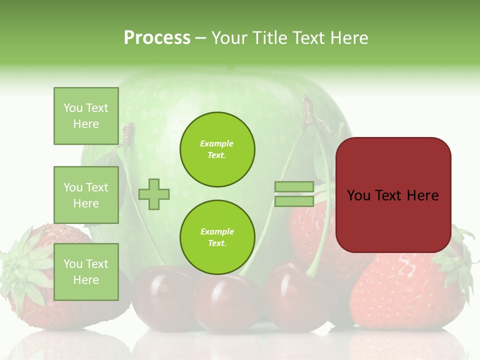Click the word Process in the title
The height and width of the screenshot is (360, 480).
coord(157,38)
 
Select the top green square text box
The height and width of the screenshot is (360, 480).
coord(86,116)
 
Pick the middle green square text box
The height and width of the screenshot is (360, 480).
coord(86,195)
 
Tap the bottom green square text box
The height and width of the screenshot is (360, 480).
coord(86,271)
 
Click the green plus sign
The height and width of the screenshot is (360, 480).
coord(154,194)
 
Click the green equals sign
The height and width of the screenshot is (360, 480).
coord(294,194)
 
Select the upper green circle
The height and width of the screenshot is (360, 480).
coord(217,149)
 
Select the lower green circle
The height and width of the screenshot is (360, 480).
coord(217,237)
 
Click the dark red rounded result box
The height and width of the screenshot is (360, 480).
coord(393,195)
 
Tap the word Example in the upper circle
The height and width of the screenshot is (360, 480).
coord(217,144)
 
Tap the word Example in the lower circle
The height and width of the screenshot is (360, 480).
coord(217,232)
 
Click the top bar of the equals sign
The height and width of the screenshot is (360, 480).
coord(294,187)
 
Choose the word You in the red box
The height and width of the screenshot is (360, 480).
coord(358,195)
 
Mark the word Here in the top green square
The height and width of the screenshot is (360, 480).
coord(86,124)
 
